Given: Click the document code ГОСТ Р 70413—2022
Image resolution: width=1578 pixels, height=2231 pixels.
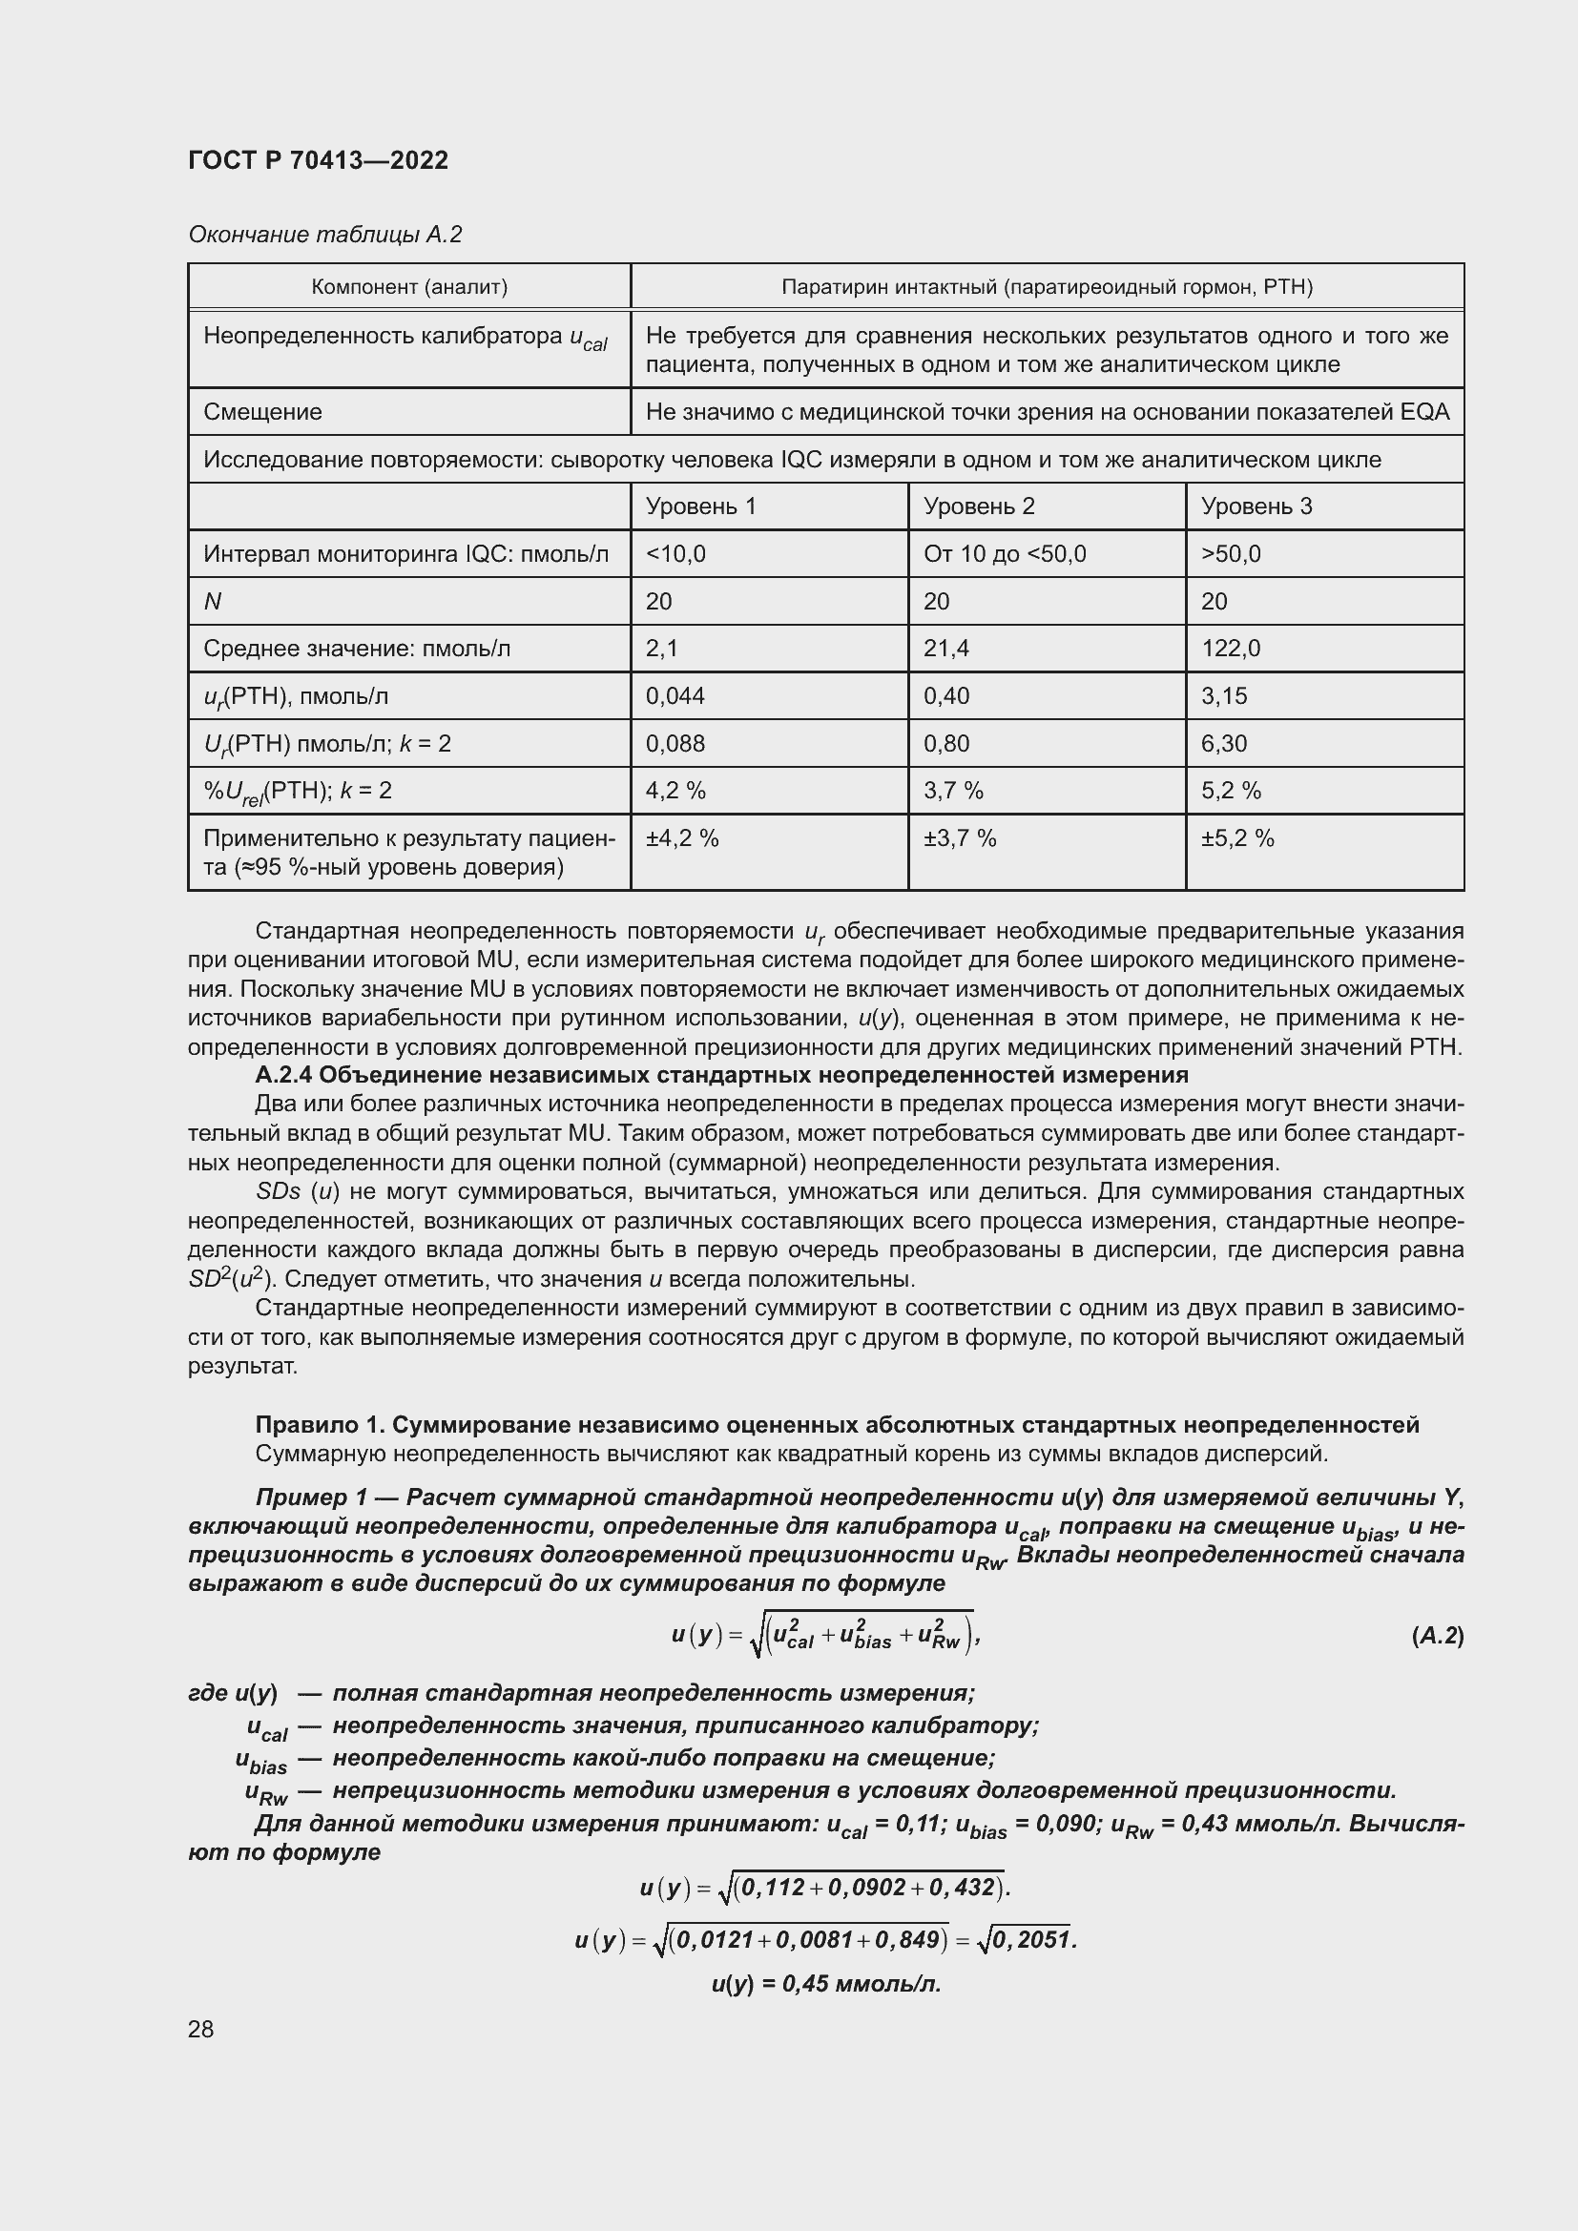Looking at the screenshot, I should (x=318, y=160).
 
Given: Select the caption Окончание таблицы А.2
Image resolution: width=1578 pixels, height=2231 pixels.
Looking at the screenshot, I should (x=324, y=235).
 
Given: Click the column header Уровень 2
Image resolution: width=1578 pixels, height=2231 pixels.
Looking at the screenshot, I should (x=979, y=506).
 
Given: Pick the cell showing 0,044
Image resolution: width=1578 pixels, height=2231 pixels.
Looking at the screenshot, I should (x=675, y=695).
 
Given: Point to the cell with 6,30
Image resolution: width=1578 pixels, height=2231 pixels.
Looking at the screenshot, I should (x=1223, y=743).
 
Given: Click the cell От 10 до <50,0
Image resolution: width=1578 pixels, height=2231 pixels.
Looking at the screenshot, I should (x=1004, y=554).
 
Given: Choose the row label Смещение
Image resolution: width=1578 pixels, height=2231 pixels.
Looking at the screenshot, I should (x=262, y=412).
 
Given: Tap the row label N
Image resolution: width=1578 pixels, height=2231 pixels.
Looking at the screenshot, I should (x=213, y=602).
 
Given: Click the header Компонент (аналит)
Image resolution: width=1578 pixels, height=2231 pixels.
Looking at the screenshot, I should (x=409, y=287).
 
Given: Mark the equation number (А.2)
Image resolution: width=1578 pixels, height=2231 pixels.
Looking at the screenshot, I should (x=1436, y=1637).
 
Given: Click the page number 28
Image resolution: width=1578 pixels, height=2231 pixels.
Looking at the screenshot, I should (x=201, y=2029).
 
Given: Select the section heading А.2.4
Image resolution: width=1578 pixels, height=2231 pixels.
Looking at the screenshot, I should (x=721, y=1075).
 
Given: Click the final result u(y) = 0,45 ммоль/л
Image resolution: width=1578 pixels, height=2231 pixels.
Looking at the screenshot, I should (x=826, y=1983).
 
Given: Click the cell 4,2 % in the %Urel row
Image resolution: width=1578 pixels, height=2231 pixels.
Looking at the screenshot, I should (x=675, y=791).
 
